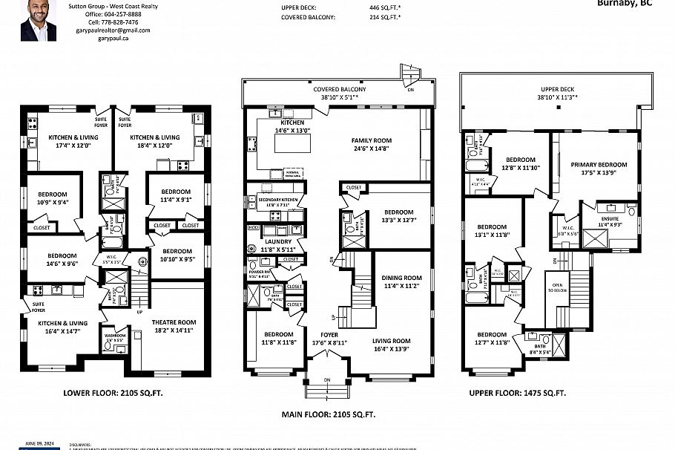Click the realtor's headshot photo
pos(38,20)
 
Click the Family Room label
pos(371,143)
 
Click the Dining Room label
pos(401,281)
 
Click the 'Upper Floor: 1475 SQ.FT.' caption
pos(517,394)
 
